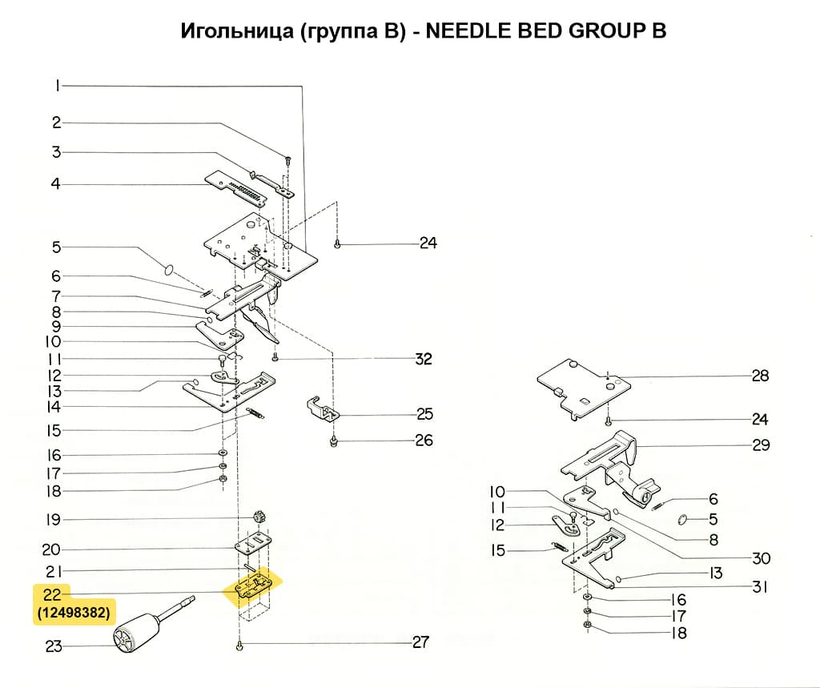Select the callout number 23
pyautogui.click(x=54, y=646)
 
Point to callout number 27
pyautogui.click(x=420, y=642)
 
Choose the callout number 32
pyautogui.click(x=423, y=359)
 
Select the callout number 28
pyautogui.click(x=760, y=376)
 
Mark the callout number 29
pyautogui.click(x=760, y=445)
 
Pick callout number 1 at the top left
pyautogui.click(x=58, y=86)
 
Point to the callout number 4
pyautogui.click(x=56, y=184)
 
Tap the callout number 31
pyautogui.click(x=760, y=587)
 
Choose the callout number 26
pyautogui.click(x=423, y=441)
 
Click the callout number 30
pyautogui.click(x=760, y=558)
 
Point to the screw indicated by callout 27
pyautogui.click(x=239, y=645)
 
